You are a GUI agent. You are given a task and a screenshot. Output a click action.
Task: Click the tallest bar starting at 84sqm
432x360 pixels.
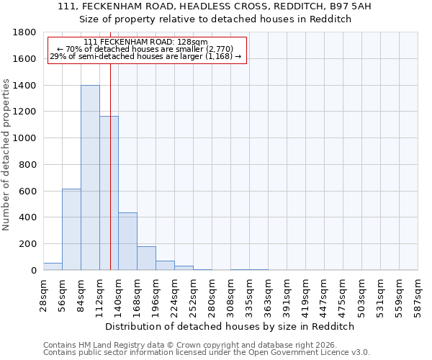(90, 178)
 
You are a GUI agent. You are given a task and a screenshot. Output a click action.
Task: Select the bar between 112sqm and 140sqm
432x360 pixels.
(109, 193)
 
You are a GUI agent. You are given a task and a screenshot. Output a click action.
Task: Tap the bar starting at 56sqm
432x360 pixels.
(71, 229)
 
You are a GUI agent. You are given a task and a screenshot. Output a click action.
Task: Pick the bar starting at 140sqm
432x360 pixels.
(127, 241)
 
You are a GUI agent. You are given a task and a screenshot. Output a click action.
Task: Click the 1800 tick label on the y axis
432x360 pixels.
(25, 32)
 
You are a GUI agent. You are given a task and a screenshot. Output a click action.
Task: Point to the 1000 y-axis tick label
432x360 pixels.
(25, 138)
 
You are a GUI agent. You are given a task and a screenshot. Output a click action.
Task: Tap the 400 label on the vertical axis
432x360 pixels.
(28, 217)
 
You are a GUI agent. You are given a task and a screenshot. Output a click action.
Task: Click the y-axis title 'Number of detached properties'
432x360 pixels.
(6, 151)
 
